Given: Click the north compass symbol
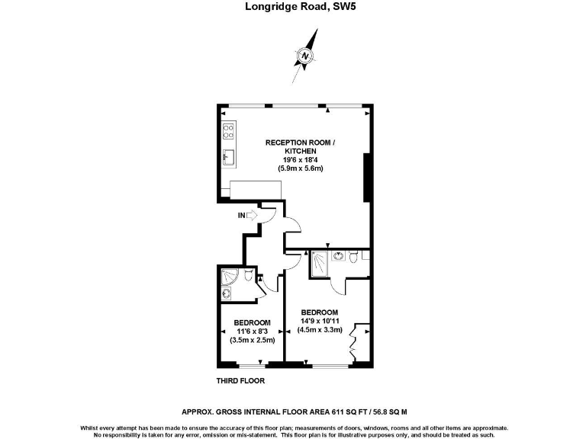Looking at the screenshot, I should pyautogui.click(x=306, y=56).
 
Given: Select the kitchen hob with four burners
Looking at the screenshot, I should pyautogui.click(x=228, y=131).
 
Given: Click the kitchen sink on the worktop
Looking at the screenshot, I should pyautogui.click(x=227, y=158).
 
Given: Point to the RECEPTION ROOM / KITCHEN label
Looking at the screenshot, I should pyautogui.click(x=300, y=146).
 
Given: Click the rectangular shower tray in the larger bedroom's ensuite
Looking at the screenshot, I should pyautogui.click(x=320, y=264).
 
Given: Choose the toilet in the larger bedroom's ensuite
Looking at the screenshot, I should pyautogui.click(x=352, y=259).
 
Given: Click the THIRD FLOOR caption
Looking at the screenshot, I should pyautogui.click(x=240, y=380).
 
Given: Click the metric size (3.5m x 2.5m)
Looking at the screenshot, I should pyautogui.click(x=253, y=340).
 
